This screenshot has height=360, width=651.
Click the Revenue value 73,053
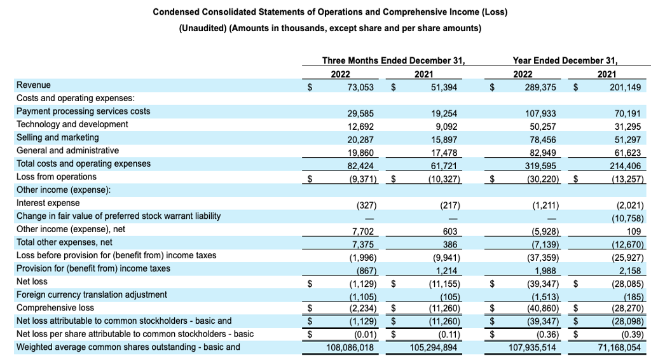tap(360, 87)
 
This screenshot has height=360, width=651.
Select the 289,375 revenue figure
tap(540, 87)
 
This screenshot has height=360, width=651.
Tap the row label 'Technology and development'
tap(72, 124)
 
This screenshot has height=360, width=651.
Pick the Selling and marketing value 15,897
tap(444, 140)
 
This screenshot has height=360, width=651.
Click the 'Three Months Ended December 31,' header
tap(394, 60)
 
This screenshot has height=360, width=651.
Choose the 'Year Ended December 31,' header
tap(565, 60)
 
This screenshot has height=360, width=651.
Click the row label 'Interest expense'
tap(48, 203)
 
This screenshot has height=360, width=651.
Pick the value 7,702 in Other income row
tap(360, 232)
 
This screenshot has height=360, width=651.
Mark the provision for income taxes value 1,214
tap(446, 271)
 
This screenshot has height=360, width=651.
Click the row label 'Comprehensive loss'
tap(55, 308)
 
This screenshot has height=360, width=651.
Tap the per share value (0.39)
tap(633, 335)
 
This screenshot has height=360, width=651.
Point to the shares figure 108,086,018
tap(350, 347)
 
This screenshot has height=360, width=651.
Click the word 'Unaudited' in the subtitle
tap(203, 28)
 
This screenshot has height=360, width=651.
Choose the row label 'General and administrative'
tap(67, 150)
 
